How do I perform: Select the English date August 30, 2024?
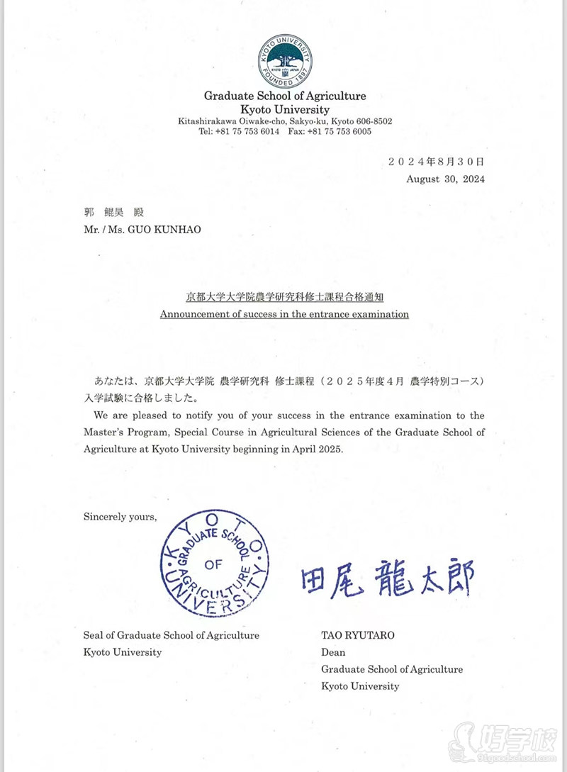pos(445,179)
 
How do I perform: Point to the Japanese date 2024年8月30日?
pos(436,161)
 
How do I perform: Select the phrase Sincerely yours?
pos(119,516)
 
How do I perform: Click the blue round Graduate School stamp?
pos(214,563)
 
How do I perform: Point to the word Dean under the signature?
pos(333,652)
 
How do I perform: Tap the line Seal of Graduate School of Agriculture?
pos(171,635)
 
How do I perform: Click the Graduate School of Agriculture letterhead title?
pos(285,96)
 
